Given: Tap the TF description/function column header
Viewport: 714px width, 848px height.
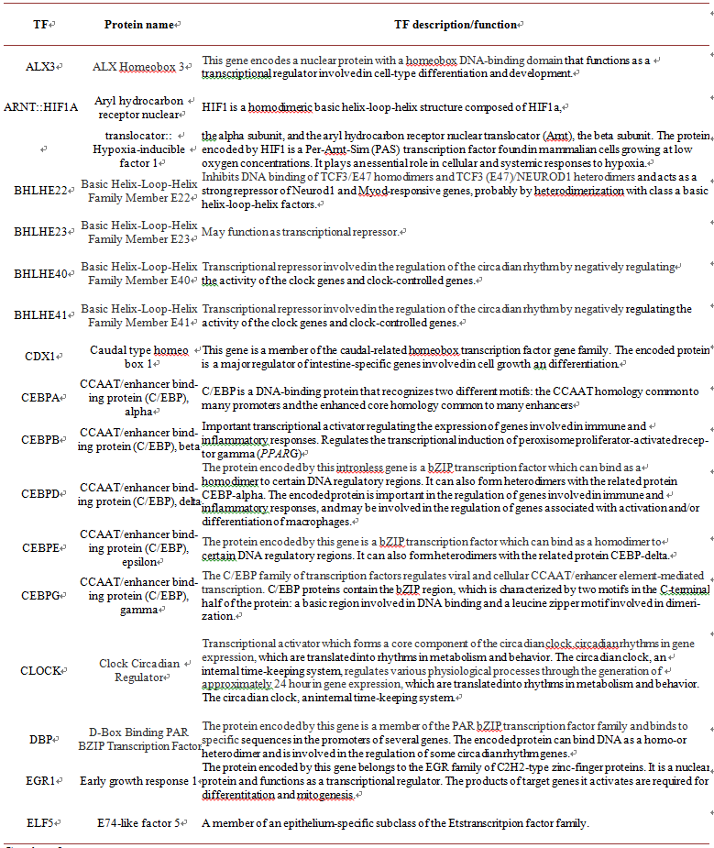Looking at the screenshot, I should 456,23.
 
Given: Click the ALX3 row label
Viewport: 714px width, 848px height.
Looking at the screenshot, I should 39,66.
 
